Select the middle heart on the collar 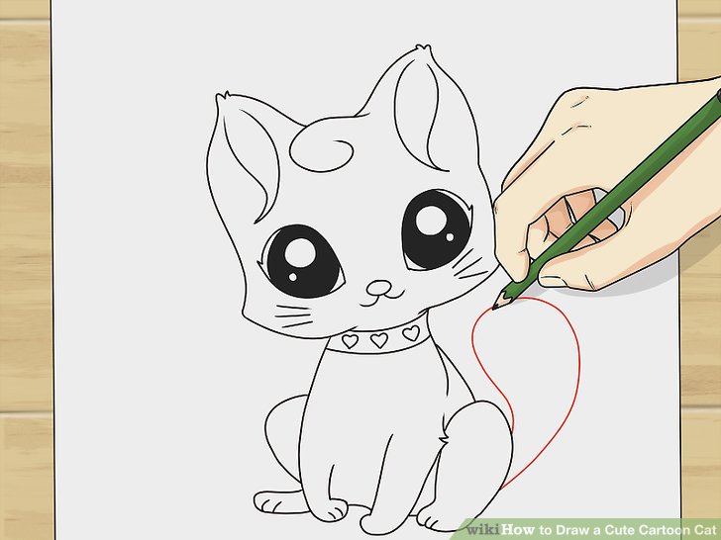(378, 339)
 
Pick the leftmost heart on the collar (349, 340)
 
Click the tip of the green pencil (494, 307)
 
